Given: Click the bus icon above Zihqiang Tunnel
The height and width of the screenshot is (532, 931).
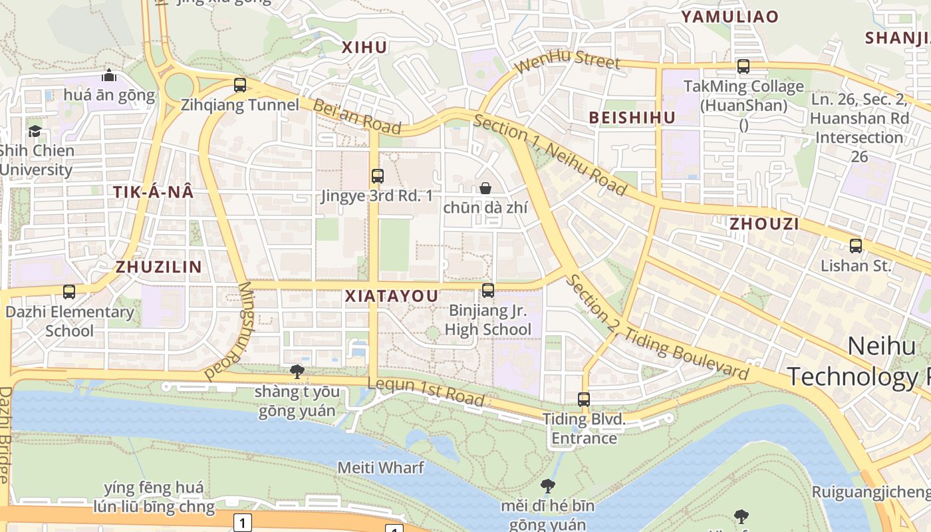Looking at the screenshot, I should [x=240, y=85].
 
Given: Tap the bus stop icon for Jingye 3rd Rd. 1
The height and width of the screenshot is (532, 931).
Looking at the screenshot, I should [x=378, y=176].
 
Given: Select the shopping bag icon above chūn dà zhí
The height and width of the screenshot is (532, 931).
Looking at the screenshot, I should [x=485, y=188].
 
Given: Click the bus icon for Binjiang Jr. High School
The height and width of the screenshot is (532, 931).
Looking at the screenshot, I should [x=488, y=290].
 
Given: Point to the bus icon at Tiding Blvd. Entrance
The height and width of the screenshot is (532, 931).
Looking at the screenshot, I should [x=584, y=399].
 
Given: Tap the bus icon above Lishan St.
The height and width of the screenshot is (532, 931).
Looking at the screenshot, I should [x=856, y=245].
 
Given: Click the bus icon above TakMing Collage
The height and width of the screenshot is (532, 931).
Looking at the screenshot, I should [x=743, y=66].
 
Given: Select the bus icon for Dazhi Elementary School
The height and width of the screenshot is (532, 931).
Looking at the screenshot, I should [x=69, y=291].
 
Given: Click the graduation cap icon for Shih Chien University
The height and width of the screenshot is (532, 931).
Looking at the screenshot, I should [x=35, y=131].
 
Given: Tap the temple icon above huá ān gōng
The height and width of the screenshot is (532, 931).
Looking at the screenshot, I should [x=109, y=75].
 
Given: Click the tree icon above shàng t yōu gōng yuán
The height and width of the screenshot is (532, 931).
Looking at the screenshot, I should [x=297, y=371].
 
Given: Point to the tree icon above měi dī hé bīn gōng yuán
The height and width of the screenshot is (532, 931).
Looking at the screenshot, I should [x=548, y=486].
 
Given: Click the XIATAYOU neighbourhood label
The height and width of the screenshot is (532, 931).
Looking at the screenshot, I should [x=392, y=297].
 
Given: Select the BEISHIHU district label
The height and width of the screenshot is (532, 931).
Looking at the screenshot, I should [x=632, y=118].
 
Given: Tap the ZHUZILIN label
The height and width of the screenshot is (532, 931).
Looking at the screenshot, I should [x=159, y=267].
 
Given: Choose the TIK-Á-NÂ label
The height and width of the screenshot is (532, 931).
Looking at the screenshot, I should [x=153, y=192].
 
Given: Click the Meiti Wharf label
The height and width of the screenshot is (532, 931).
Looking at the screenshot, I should [x=380, y=467].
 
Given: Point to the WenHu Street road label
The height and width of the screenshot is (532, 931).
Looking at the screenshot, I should [x=567, y=63].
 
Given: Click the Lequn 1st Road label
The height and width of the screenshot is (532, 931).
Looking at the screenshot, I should [x=426, y=391].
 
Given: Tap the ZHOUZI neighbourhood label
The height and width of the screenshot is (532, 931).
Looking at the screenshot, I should [x=764, y=223].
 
